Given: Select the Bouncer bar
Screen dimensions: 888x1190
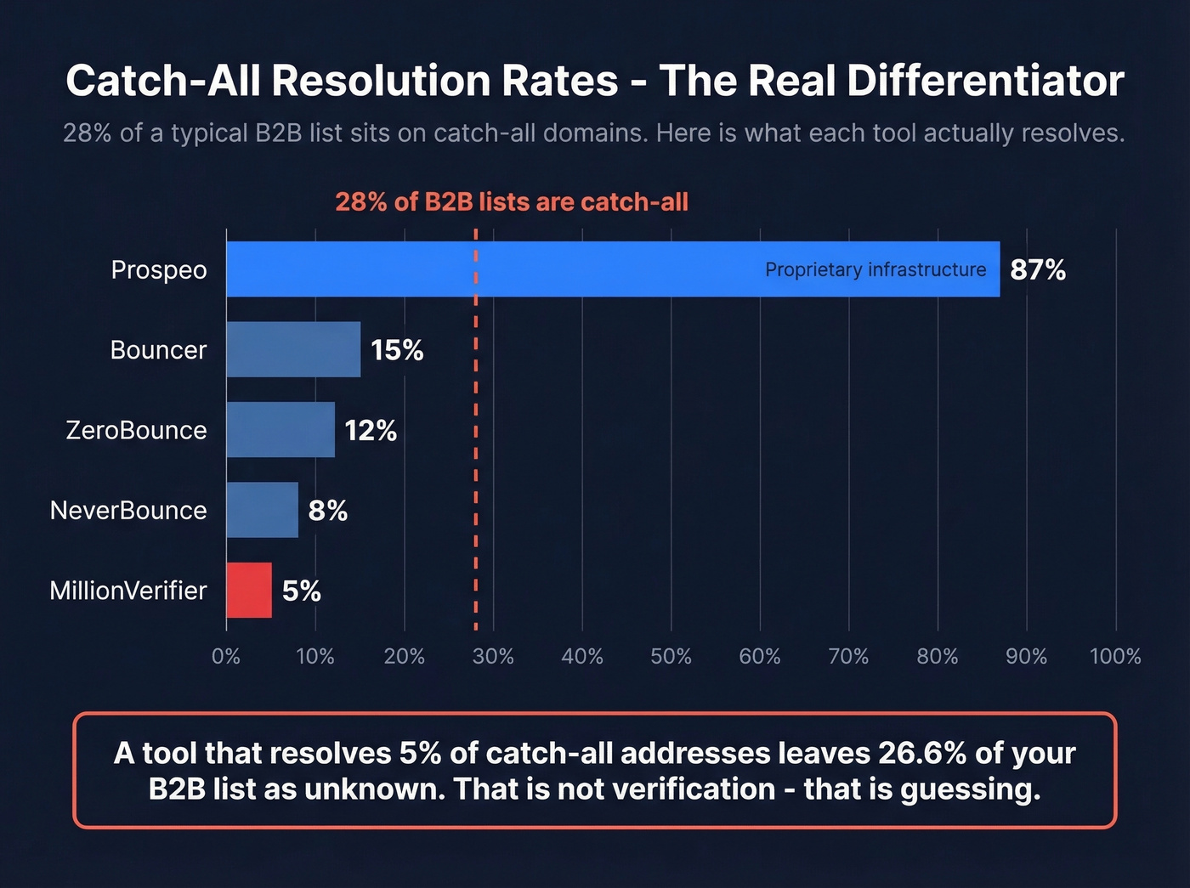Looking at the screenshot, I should tap(293, 349).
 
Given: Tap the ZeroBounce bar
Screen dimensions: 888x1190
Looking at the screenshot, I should tap(280, 430).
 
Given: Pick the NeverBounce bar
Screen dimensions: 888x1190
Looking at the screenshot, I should tap(262, 510).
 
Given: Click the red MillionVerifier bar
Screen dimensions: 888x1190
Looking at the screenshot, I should tap(249, 591).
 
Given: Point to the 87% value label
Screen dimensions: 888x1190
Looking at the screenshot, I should tap(1038, 270).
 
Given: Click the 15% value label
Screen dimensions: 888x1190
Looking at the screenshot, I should tap(397, 350).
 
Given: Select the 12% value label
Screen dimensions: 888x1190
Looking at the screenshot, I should tap(371, 431).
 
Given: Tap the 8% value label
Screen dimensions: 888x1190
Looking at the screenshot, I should tap(328, 511).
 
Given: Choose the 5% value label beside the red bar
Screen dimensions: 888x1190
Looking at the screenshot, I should tap(302, 591).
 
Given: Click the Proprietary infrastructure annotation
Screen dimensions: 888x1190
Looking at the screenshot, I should tap(875, 270).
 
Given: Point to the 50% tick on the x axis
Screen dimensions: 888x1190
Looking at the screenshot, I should tap(671, 657).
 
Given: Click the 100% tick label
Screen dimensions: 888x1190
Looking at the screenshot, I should tap(1115, 657).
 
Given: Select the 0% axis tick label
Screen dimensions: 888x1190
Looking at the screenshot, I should tap(226, 657).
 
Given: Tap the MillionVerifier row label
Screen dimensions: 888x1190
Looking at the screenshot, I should tap(128, 591).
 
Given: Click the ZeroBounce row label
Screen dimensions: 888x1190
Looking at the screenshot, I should tap(136, 430).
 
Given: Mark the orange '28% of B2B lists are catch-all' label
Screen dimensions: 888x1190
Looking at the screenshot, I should tap(512, 202).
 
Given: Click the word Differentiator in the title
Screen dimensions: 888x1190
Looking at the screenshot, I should tap(985, 82).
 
